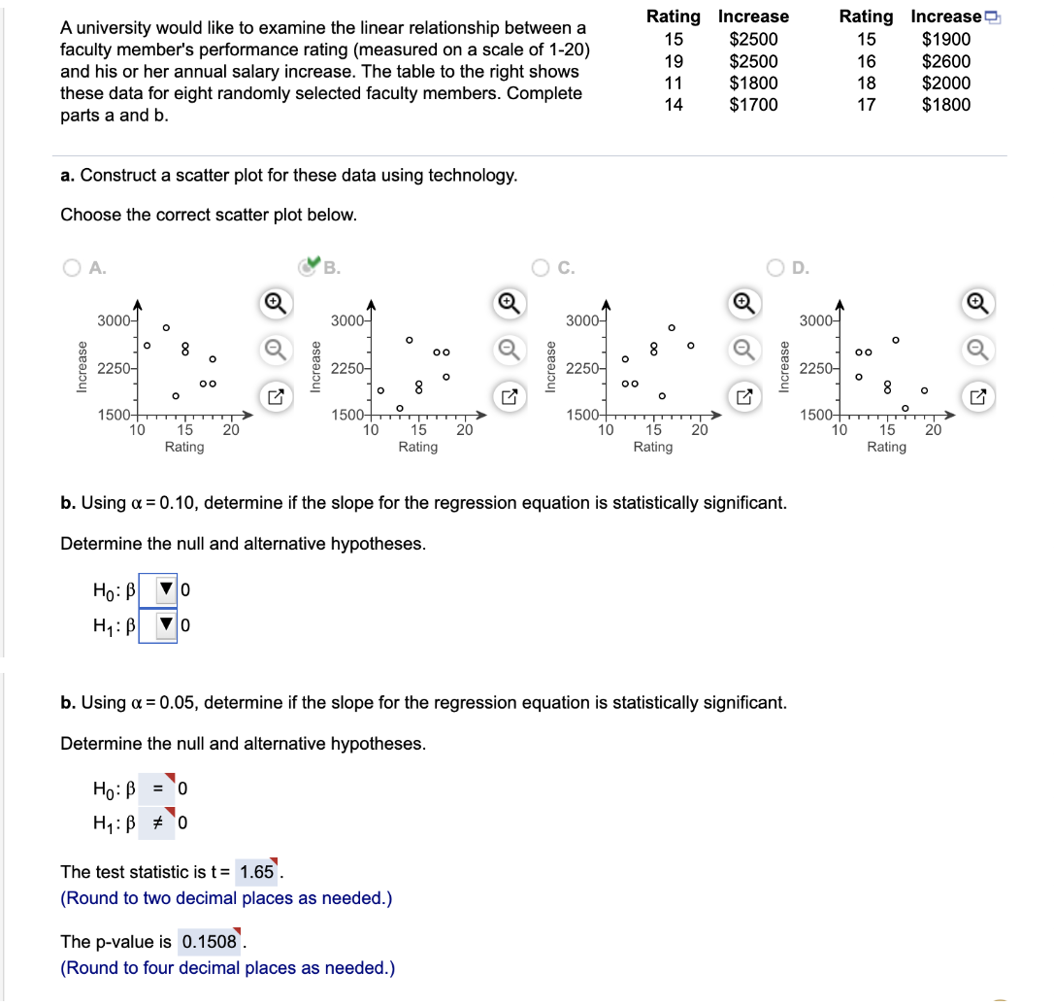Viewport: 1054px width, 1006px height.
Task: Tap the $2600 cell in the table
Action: [945, 61]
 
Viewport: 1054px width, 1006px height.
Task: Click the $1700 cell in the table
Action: [753, 105]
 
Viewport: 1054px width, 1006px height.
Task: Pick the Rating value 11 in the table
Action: [673, 84]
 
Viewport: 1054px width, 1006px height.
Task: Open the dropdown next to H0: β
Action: [166, 588]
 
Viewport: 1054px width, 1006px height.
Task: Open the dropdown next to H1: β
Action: [166, 625]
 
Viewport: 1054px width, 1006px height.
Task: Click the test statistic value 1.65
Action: [256, 872]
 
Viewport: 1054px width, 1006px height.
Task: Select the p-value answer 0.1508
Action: [209, 942]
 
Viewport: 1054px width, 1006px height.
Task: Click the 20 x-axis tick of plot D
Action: [933, 429]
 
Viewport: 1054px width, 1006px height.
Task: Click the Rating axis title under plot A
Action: [184, 447]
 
